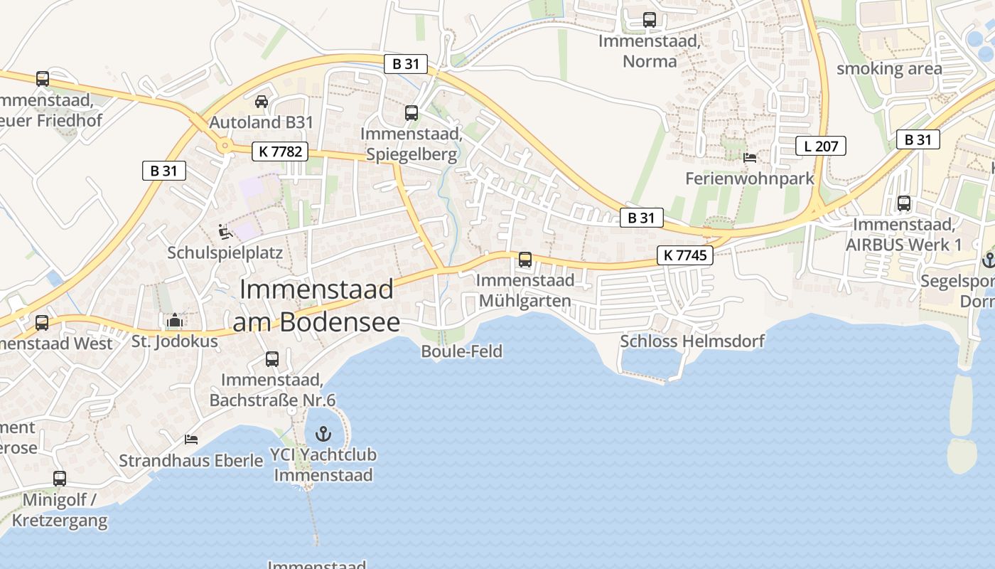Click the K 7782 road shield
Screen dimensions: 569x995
[279, 151]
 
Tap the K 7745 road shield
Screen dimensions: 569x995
[684, 255]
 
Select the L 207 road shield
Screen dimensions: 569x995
[821, 147]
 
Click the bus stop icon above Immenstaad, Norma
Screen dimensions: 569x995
[650, 20]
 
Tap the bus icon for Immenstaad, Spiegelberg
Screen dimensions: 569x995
[411, 112]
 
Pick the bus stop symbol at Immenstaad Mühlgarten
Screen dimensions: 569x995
[525, 260]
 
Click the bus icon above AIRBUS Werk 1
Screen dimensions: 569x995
[904, 203]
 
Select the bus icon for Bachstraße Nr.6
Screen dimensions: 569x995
[272, 359]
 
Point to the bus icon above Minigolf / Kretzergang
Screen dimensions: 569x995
[60, 479]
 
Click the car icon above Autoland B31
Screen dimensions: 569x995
[262, 101]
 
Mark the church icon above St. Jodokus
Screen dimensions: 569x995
[175, 321]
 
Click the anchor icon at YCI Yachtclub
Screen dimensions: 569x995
[323, 433]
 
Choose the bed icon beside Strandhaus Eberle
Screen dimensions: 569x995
[190, 440]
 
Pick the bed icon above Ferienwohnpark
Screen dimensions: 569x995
[750, 157]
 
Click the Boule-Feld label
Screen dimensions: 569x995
[461, 351]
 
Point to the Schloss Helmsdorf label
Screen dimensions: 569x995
[692, 341]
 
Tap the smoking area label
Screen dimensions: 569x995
[889, 69]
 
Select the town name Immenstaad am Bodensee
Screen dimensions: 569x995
[316, 306]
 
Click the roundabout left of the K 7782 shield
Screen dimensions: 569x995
[225, 147]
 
